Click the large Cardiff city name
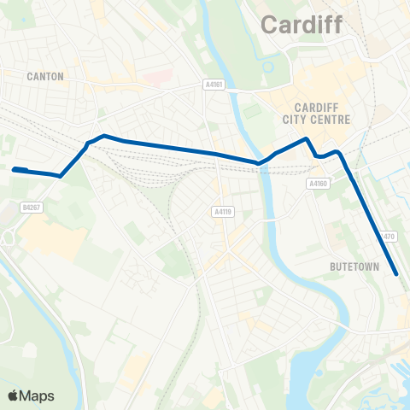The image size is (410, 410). [300, 26]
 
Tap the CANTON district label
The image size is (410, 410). [45, 76]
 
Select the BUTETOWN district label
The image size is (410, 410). [354, 266]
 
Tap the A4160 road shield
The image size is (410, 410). [318, 183]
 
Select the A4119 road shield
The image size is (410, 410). [222, 212]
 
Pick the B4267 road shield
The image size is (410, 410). [32, 206]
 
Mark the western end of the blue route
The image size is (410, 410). [14, 169]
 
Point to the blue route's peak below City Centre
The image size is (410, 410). [306, 138]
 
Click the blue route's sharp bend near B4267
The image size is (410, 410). [60, 176]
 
